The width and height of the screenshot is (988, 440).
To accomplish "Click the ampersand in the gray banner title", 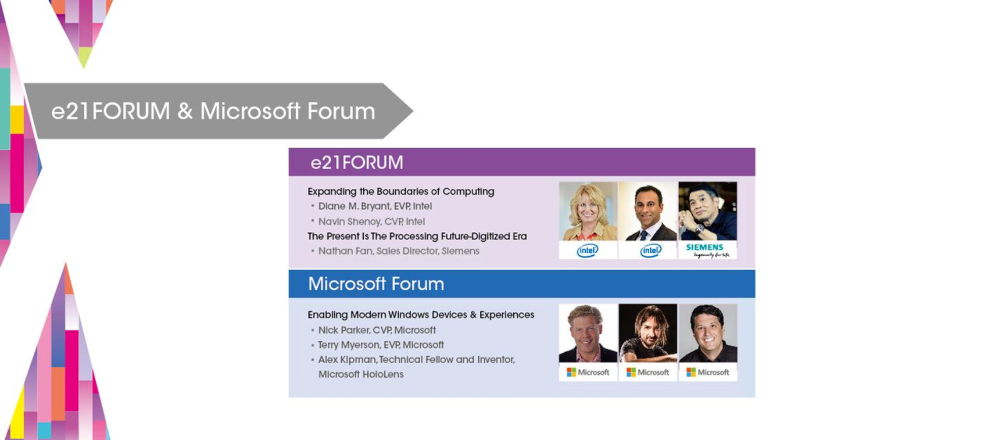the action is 185,111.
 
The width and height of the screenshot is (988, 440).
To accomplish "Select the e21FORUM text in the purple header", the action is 356,163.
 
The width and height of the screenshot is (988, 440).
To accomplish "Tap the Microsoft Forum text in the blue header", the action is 376,284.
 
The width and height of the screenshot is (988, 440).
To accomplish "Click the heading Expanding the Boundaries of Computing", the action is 400,192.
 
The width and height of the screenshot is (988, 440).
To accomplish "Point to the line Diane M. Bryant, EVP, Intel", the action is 375,206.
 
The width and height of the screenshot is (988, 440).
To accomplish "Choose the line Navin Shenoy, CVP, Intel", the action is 371,221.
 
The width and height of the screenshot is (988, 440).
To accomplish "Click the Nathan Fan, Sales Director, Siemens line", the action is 399,251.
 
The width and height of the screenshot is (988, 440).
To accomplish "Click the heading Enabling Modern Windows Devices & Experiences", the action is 421,315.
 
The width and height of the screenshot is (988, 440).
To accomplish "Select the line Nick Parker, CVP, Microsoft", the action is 377,330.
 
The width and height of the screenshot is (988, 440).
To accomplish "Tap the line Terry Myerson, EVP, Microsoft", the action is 381,345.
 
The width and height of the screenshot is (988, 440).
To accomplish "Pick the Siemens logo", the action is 707,251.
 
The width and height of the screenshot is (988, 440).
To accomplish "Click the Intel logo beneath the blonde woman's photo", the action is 588,251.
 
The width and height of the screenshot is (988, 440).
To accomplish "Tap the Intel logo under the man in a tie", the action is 650,251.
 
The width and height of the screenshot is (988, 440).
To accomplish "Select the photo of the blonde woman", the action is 588,212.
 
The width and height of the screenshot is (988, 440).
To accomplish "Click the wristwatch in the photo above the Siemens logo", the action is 700,228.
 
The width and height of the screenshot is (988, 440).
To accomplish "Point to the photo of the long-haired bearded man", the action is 647,333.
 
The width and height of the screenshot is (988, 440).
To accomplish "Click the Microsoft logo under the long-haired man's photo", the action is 647,373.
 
